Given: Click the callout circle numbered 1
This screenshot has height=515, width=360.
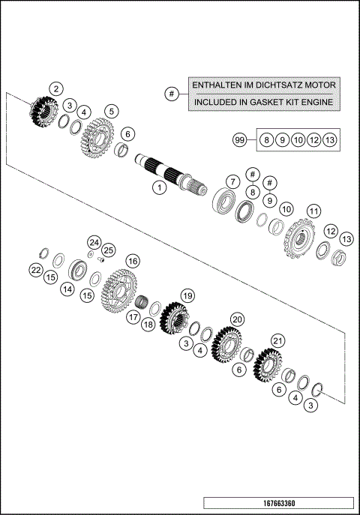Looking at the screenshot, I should click(158, 187).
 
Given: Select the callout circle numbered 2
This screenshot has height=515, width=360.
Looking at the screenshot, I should click(56, 88).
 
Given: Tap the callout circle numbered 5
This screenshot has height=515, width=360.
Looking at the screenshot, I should click(110, 112).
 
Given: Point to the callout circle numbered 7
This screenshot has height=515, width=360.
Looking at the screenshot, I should click(233, 182).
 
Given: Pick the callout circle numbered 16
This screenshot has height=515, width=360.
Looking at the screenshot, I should click(133, 261).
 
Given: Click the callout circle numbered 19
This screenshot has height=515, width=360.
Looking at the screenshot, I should click(187, 295).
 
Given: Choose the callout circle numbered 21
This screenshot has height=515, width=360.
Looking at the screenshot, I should click(277, 341).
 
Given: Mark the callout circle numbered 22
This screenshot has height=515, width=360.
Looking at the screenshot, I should click(35, 270).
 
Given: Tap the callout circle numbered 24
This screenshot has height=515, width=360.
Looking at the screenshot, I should click(93, 242).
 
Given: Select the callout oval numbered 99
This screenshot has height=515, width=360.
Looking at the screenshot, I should click(240, 139).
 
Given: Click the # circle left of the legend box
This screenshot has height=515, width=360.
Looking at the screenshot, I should click(172, 94).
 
